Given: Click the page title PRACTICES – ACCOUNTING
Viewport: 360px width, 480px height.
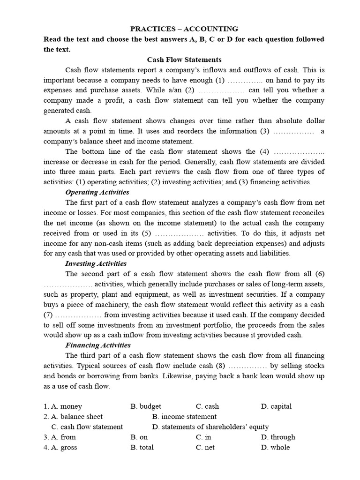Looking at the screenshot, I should tap(184, 29).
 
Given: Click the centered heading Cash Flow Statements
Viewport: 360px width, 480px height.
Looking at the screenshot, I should tap(184, 60).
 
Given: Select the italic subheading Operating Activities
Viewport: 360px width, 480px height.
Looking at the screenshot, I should tap(97, 192).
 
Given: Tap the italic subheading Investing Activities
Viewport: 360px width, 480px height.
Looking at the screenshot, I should tap(96, 263).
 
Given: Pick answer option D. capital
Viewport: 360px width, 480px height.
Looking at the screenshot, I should tap(276, 406).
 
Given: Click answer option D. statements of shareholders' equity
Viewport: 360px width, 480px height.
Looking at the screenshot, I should tap(210, 427).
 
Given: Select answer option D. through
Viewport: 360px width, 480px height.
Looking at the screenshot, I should tap(278, 437).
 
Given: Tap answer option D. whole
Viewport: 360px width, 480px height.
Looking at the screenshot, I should tap(275, 448).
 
